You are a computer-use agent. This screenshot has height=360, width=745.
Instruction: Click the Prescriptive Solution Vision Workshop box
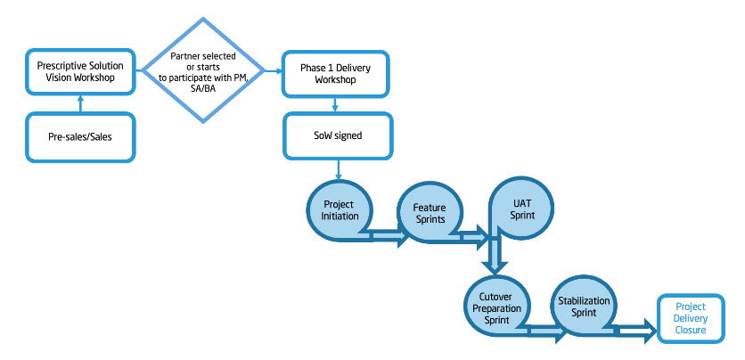click(80, 70)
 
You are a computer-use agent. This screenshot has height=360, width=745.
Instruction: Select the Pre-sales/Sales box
click(80, 138)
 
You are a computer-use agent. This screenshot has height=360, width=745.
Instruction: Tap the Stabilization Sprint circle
click(584, 307)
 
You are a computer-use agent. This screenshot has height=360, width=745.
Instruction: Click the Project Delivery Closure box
click(690, 318)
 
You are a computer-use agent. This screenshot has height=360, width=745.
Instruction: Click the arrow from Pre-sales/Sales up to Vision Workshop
click(80, 103)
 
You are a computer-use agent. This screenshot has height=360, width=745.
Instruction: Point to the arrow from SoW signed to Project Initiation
click(339, 169)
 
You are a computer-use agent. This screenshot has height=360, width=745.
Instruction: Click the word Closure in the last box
click(690, 331)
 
